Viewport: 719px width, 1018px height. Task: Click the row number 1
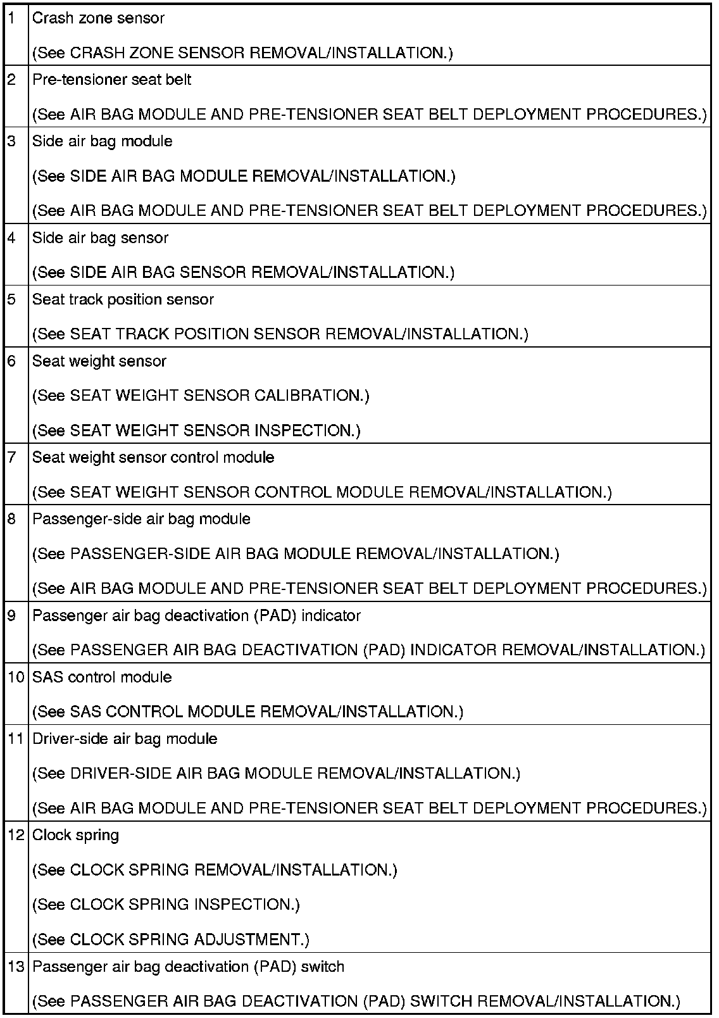(11, 18)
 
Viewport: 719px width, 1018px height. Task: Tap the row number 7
(11, 458)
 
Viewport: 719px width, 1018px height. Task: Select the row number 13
(16, 967)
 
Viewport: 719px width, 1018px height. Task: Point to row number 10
(16, 677)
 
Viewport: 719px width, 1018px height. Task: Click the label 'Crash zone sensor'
(98, 18)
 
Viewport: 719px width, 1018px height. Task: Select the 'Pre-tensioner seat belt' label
(112, 80)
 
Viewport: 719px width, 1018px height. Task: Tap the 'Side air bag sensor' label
(100, 238)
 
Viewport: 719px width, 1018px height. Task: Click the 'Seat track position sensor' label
(123, 299)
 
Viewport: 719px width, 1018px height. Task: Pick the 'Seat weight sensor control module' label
(153, 458)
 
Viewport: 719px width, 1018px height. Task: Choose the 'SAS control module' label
(102, 677)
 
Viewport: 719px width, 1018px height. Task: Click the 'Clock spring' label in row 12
(75, 836)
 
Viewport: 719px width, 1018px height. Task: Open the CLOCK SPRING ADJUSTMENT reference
(171, 939)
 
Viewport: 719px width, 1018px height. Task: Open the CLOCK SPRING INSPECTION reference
(166, 905)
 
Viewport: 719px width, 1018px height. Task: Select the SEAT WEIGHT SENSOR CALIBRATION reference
(201, 396)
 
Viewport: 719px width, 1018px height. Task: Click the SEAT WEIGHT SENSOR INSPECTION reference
(196, 430)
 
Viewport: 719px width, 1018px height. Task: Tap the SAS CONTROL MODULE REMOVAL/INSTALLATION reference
(247, 712)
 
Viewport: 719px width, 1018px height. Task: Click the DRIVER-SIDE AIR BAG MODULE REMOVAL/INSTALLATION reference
(276, 774)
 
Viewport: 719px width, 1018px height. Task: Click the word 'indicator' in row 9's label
(331, 616)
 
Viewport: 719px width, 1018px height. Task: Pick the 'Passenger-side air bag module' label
(141, 519)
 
